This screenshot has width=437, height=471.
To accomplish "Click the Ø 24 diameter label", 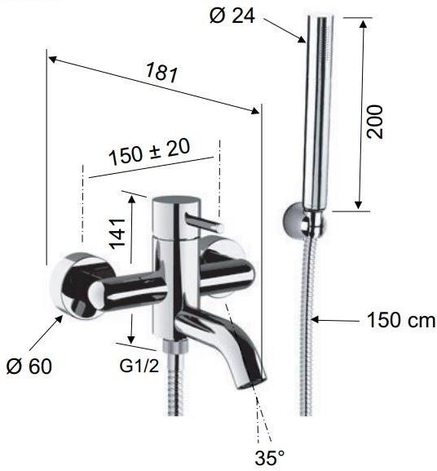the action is (x=232, y=16).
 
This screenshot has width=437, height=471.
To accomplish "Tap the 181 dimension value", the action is (x=162, y=73).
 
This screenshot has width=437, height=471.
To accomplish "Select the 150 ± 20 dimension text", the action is (x=149, y=152).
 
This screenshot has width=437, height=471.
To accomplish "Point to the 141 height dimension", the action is (x=117, y=233).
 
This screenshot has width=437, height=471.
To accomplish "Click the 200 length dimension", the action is (x=374, y=121).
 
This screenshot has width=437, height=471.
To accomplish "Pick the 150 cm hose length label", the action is (x=401, y=320).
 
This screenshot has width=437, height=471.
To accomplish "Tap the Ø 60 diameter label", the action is (x=29, y=367).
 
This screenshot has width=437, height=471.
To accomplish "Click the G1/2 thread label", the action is (x=139, y=366).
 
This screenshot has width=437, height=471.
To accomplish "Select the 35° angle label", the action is (x=270, y=457).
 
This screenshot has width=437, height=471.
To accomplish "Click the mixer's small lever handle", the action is (x=204, y=223).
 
